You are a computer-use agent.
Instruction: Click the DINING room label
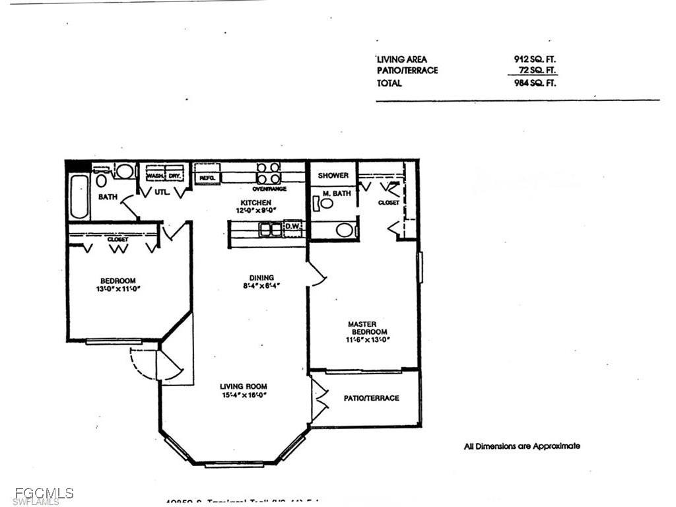point(261,278)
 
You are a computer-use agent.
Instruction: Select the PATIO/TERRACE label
point(371,398)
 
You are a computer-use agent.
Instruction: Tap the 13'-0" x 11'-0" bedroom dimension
point(119,288)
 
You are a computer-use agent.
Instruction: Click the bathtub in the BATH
point(79,197)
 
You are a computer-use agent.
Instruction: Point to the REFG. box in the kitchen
point(207,177)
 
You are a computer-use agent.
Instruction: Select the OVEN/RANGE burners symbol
point(268,173)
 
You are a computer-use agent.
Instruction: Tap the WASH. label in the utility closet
point(155,176)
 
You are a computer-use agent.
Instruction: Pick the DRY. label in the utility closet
point(174,176)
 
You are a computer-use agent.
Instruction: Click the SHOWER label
point(333,176)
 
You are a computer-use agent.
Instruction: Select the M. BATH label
point(335,193)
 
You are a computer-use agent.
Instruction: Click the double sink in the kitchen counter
point(270,229)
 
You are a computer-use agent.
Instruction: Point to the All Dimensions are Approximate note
point(522,446)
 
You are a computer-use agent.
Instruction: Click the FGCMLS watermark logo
point(37,493)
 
